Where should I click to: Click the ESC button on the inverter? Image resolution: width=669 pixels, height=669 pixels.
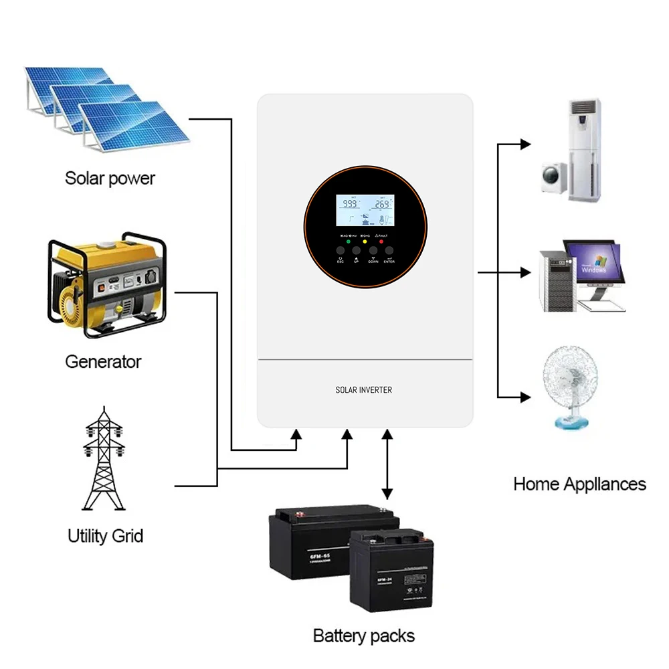coord(340,251)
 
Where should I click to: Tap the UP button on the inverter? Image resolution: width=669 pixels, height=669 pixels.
coord(356,251)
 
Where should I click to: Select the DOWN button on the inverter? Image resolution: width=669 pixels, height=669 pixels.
coord(373,251)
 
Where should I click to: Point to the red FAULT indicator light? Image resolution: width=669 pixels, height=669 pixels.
coord(381,241)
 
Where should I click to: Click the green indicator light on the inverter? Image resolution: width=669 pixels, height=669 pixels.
coord(348,241)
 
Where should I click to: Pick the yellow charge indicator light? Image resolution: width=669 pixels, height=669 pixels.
coord(365,241)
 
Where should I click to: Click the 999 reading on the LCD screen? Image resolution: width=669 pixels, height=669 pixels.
coord(350,204)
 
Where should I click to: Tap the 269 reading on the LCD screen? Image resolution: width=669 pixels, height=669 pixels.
coord(382,204)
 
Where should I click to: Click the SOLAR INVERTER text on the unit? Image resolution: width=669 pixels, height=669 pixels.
coord(364,390)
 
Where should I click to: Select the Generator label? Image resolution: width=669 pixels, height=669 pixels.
coord(103,362)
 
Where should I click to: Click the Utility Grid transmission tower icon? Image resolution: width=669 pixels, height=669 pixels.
coord(104,462)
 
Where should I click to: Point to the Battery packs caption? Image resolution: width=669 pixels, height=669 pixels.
coord(364,636)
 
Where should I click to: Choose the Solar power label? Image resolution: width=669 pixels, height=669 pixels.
coord(110,178)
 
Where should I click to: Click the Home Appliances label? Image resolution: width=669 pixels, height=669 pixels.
coord(579,484)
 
